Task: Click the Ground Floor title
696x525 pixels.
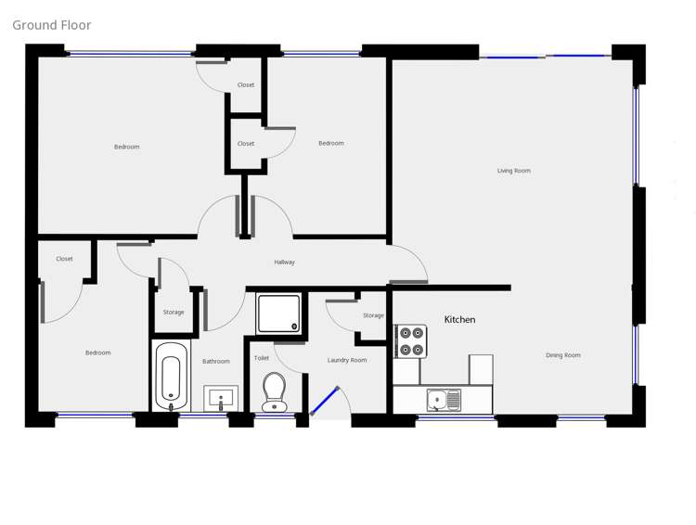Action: [52, 25]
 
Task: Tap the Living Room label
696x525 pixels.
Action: [513, 171]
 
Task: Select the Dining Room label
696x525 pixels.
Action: [562, 355]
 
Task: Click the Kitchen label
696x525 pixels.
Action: [459, 320]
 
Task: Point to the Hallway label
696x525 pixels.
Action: [284, 262]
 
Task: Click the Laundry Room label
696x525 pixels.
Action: [347, 360]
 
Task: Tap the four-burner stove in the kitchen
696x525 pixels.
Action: [411, 341]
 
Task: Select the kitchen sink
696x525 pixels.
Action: [444, 400]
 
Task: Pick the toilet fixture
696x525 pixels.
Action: [274, 391]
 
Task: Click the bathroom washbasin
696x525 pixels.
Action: [221, 399]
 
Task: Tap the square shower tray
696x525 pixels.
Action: [278, 314]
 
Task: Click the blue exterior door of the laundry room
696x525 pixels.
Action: [323, 402]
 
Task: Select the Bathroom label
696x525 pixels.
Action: [216, 362]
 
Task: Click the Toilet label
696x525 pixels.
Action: [262, 358]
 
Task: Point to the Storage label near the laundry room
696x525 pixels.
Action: [373, 315]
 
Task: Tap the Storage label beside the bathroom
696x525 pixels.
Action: [174, 313]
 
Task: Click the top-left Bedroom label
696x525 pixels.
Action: [127, 147]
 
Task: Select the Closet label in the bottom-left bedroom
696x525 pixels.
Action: [64, 259]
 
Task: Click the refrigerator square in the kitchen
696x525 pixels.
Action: [481, 368]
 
